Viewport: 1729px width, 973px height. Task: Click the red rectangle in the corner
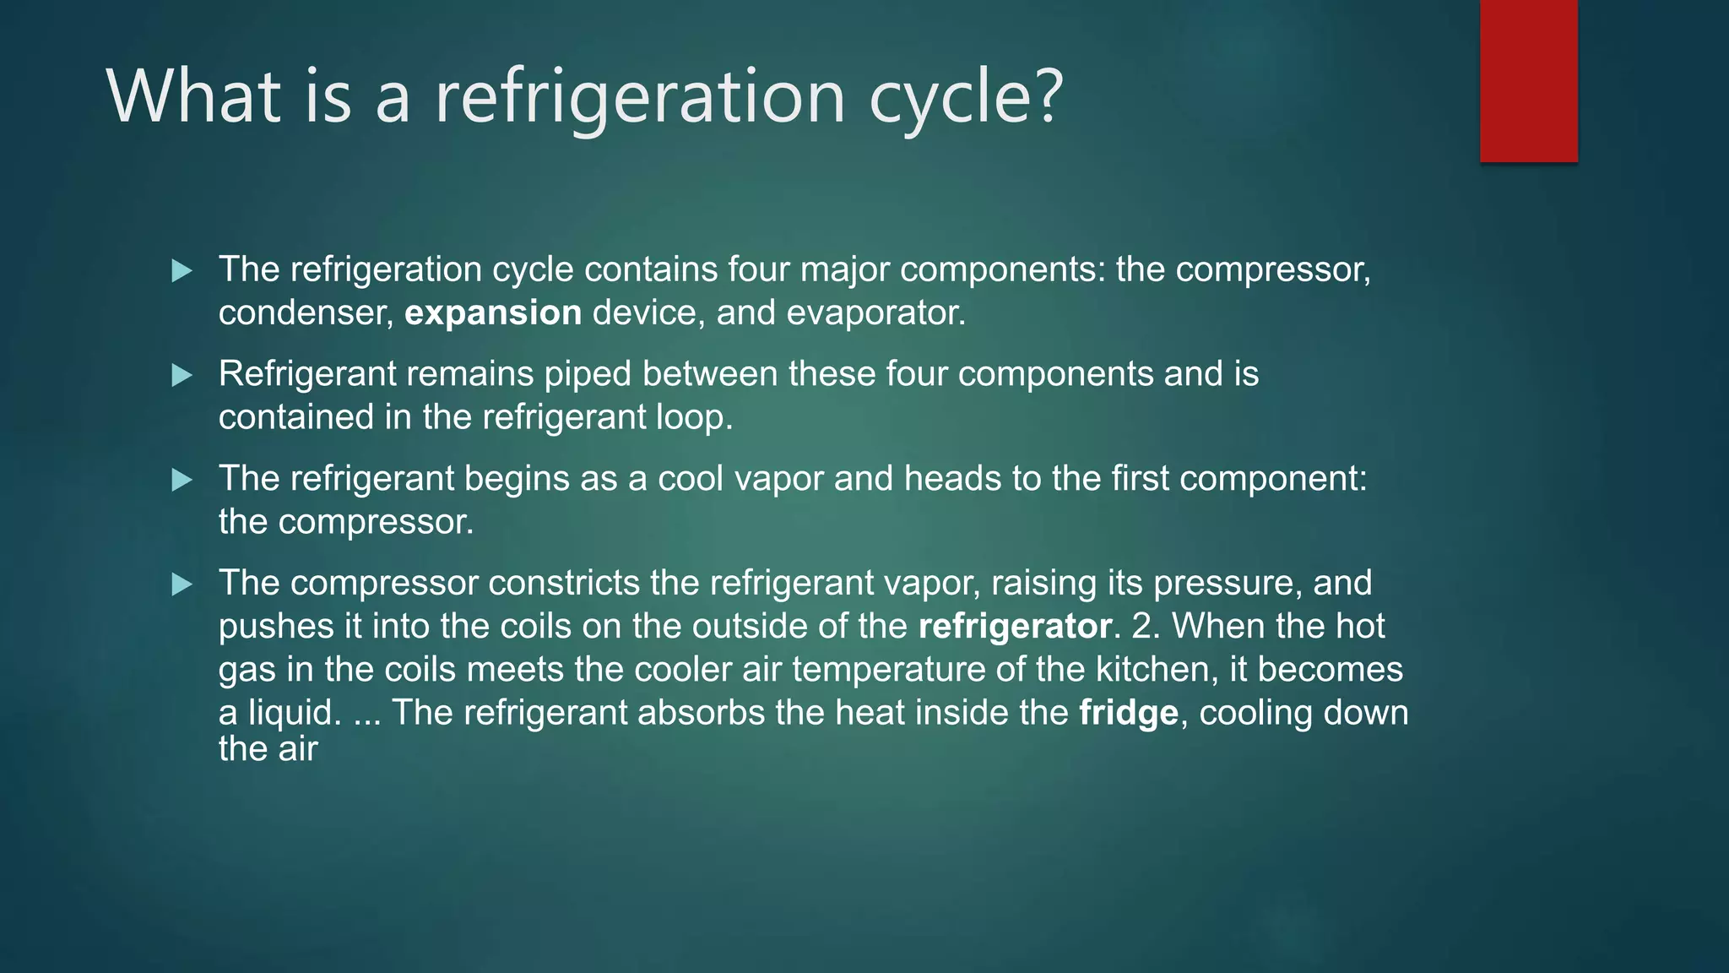coord(1528,81)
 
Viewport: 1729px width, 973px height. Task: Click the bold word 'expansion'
coord(493,313)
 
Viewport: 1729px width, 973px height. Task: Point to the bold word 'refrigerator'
coord(1015,627)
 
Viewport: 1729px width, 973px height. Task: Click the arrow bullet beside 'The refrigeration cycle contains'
coord(182,271)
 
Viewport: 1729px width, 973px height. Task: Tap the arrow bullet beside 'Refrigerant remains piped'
coord(182,375)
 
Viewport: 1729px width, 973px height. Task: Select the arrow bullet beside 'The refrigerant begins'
coord(182,480)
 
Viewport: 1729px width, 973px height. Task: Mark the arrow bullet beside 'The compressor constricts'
coord(182,584)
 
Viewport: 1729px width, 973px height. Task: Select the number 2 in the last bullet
coord(1141,627)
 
